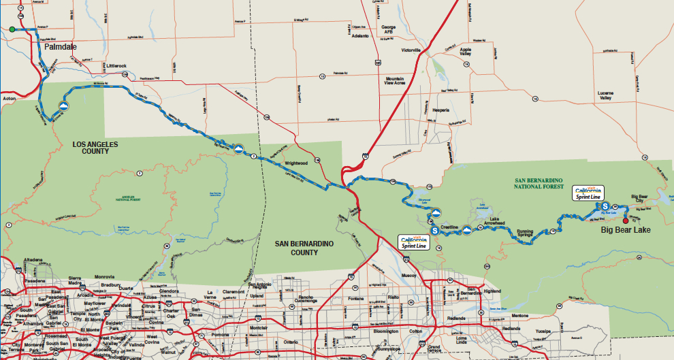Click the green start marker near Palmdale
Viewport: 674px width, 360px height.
click(12, 29)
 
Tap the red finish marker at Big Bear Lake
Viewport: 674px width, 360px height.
click(626, 220)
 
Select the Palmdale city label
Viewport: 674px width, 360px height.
click(59, 47)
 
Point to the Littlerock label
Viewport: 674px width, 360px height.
click(116, 66)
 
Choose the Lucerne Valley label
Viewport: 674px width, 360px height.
click(605, 95)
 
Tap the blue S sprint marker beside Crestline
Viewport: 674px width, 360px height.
click(434, 230)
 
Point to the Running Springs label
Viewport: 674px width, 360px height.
click(524, 234)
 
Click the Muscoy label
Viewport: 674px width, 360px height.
click(409, 276)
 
